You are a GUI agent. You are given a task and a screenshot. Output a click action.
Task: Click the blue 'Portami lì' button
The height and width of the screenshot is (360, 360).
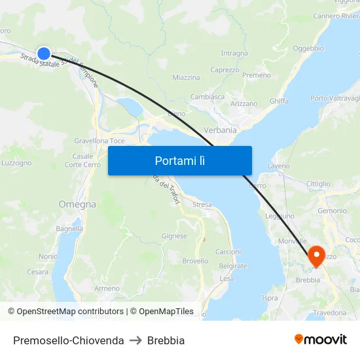[179, 160]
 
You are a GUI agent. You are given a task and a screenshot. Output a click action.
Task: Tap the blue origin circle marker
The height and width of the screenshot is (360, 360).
[44, 54]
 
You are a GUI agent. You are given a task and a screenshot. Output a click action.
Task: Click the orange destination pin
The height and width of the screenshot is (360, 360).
[315, 255]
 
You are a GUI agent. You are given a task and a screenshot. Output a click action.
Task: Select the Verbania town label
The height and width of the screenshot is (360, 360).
[220, 130]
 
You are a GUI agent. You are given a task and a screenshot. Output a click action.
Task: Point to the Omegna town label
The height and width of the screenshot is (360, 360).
[77, 204]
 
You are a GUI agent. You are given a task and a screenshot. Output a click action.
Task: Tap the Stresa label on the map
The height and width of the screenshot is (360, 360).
[202, 205]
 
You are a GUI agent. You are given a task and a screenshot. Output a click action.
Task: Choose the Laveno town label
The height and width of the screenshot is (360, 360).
[278, 166]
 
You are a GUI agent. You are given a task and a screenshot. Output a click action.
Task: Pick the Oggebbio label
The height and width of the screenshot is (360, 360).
[308, 48]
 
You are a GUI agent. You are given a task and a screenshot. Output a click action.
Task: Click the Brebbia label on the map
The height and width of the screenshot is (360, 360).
[308, 280]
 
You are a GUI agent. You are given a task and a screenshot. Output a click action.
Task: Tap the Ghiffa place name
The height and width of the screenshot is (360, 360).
[278, 101]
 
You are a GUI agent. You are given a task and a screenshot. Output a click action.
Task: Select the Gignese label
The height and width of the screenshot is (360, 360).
[174, 236]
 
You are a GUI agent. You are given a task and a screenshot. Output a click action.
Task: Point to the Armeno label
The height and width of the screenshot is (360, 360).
[107, 288]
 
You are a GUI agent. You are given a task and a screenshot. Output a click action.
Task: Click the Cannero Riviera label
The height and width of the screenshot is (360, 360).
[336, 16]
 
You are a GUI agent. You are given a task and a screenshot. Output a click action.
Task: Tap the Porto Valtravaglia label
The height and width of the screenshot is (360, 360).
[335, 98]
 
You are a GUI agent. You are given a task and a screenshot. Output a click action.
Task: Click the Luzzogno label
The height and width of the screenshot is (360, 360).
[16, 163]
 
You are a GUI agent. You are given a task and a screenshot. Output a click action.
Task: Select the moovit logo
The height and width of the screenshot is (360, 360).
[321, 340]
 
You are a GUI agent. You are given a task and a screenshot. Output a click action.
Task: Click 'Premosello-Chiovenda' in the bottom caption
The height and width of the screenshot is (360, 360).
[68, 340]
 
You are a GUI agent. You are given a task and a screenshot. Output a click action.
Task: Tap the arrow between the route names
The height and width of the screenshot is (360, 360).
[135, 340]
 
